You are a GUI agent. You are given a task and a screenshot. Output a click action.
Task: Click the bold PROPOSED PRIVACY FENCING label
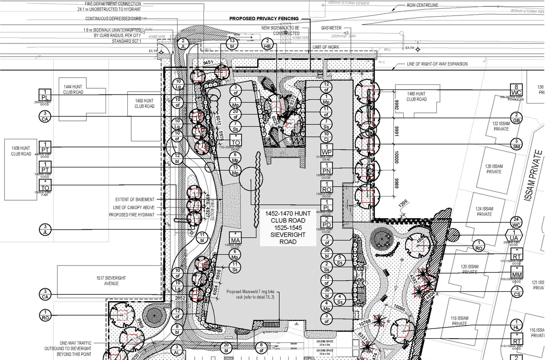pyautogui.click(x=264, y=19)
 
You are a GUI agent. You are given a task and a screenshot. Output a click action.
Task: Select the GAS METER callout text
pyautogui.click(x=331, y=28)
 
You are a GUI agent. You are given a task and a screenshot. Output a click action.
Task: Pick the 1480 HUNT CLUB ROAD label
pyautogui.click(x=416, y=96)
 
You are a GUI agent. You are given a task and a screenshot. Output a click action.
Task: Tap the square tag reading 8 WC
pyautogui.click(x=516, y=90)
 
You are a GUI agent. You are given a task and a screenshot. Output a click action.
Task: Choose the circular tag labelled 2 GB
pyautogui.click(x=516, y=118)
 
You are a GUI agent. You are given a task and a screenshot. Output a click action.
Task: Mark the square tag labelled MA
pyautogui.click(x=235, y=237)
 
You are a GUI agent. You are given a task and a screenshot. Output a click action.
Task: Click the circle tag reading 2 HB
pyautogui.click(x=267, y=44)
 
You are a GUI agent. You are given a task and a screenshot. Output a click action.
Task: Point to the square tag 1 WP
pyautogui.click(x=327, y=150)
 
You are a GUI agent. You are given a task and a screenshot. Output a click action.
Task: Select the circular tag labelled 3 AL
pyautogui.click(x=177, y=350)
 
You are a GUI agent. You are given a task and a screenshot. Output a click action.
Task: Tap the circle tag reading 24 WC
pyautogui.click(x=516, y=222)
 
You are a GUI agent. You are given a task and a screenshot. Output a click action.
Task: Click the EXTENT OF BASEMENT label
pyautogui.click(x=135, y=199)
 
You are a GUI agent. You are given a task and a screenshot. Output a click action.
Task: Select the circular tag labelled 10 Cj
pyautogui.click(x=327, y=136)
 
